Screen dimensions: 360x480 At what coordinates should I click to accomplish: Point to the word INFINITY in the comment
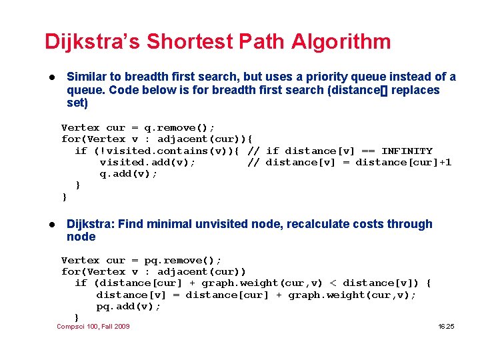coord(407,151)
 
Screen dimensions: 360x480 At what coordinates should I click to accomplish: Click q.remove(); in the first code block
coord(179,127)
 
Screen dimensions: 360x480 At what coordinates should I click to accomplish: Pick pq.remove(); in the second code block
coord(183,260)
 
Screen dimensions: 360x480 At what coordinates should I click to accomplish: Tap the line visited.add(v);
coord(147,162)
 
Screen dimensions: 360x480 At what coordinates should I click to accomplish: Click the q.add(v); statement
coord(128,173)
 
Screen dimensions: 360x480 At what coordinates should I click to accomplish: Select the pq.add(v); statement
coord(129,306)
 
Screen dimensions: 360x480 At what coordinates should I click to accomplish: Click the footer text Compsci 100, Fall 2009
coord(93,326)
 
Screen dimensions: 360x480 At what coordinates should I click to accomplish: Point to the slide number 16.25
coord(446,326)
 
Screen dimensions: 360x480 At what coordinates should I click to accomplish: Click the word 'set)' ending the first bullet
coord(77,103)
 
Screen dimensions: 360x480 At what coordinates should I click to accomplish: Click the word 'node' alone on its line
coord(81,237)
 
